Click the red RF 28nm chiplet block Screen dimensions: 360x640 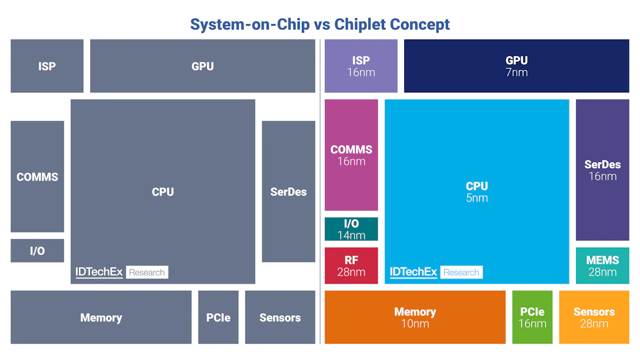click(x=351, y=266)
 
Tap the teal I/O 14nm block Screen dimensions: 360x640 click(x=351, y=229)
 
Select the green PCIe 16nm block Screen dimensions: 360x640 click(x=532, y=317)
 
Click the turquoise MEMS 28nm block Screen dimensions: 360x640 click(x=602, y=266)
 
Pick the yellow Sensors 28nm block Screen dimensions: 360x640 click(x=594, y=317)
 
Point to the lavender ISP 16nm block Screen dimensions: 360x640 click(x=361, y=66)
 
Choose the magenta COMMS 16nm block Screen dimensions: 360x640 click(x=351, y=155)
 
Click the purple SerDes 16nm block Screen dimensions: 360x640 click(x=602, y=170)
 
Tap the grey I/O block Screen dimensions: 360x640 click(x=37, y=251)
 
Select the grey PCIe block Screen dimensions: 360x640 click(x=218, y=317)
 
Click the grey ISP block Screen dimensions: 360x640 click(x=47, y=66)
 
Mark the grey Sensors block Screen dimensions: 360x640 click(x=280, y=317)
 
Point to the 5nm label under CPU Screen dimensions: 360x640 click(x=476, y=198)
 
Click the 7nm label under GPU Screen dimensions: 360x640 click(x=516, y=73)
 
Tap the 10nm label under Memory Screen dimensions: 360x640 click(x=415, y=324)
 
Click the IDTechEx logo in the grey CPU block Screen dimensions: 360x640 click(x=99, y=272)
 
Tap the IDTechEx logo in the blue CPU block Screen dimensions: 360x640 click(x=413, y=272)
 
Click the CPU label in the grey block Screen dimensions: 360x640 click(x=163, y=192)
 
